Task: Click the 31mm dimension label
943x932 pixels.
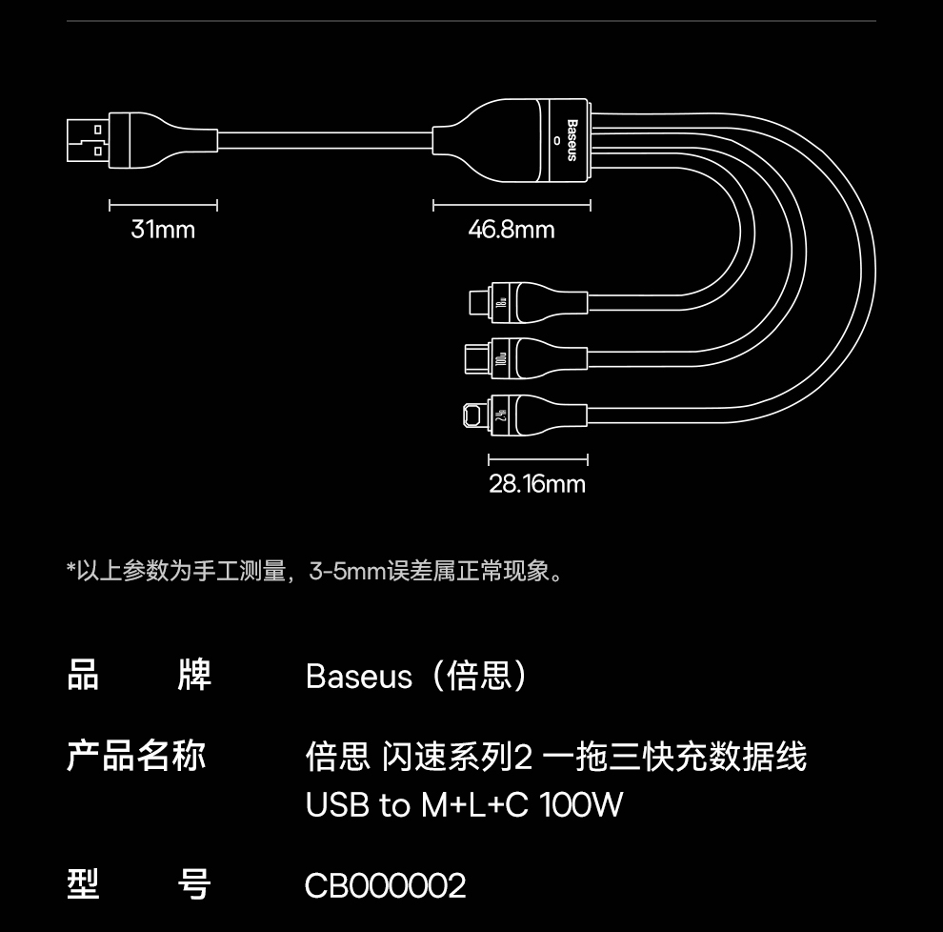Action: click(x=163, y=230)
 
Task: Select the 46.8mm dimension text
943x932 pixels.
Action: click(x=511, y=230)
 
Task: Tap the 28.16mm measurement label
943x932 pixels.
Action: click(x=537, y=484)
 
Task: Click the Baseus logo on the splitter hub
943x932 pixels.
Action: click(x=572, y=140)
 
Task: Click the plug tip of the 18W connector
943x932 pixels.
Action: click(x=478, y=304)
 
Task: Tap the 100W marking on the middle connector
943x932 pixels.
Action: click(x=501, y=360)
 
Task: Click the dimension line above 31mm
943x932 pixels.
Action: click(x=163, y=205)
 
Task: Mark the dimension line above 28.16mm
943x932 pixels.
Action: click(x=537, y=460)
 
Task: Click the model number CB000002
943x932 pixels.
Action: click(x=385, y=886)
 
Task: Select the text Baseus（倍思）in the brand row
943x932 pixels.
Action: click(x=416, y=677)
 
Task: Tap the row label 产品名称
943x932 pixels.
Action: click(x=136, y=757)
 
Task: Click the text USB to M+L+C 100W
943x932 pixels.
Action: click(x=464, y=805)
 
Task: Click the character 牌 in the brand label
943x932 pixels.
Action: click(x=194, y=676)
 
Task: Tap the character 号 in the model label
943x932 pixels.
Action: click(x=194, y=885)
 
